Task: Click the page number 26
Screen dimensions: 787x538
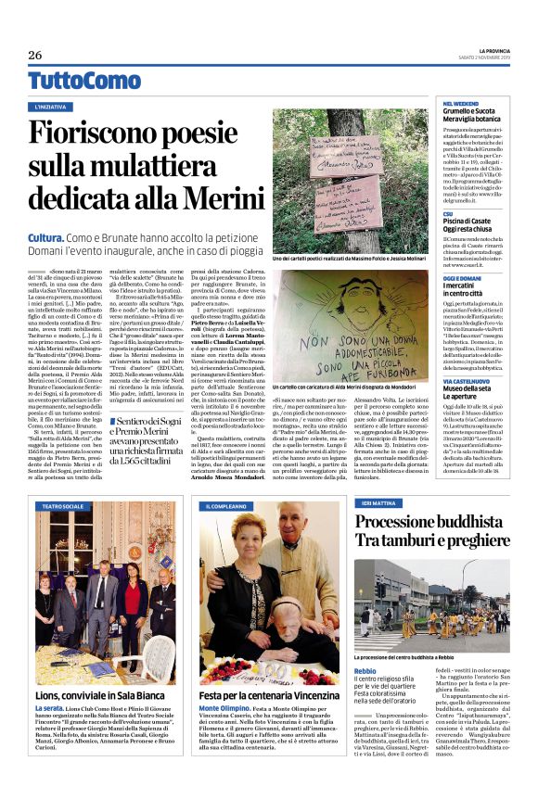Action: [x=35, y=55]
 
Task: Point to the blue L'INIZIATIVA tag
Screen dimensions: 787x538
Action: [x=57, y=108]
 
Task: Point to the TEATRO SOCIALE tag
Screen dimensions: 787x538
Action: [x=62, y=506]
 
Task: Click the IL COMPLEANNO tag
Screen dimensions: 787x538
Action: [x=226, y=506]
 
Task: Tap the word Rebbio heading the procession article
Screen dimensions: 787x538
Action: [x=366, y=669]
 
